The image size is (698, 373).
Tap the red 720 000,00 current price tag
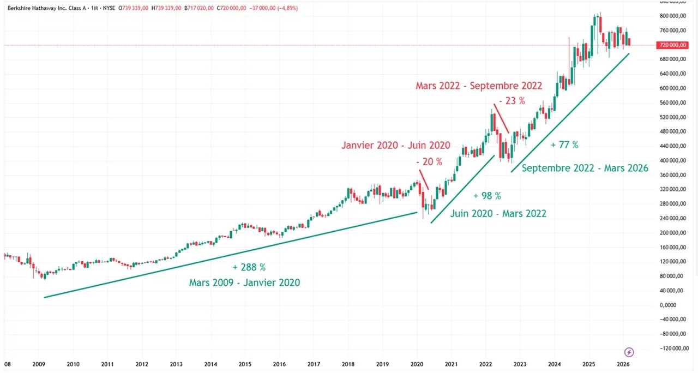[671, 45]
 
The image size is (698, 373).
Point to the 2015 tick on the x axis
[245, 364]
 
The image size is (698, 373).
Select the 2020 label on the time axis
[417, 364]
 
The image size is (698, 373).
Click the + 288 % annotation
[249, 267]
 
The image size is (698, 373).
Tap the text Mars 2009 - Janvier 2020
[244, 283]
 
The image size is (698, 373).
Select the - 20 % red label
[429, 161]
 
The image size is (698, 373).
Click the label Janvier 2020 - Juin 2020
[396, 145]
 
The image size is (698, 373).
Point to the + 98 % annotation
[487, 196]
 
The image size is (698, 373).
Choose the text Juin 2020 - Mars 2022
[498, 213]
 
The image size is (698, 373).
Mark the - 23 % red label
[512, 101]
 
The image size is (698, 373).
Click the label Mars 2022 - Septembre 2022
[479, 86]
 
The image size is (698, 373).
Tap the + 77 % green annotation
[564, 145]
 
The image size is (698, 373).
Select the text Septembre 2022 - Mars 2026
[585, 168]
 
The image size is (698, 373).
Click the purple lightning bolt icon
[629, 352]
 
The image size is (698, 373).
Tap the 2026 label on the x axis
[623, 364]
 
